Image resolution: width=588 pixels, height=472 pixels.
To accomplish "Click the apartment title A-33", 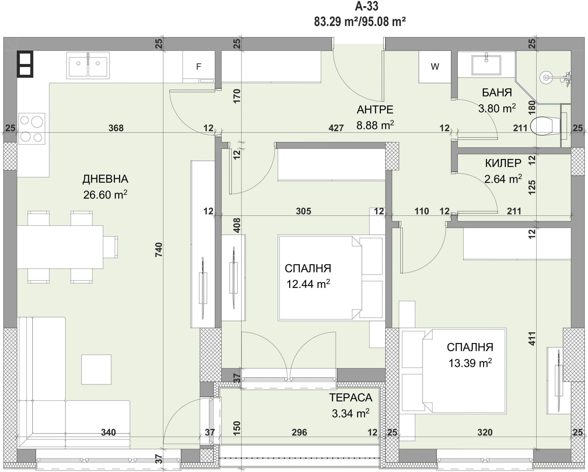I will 367,6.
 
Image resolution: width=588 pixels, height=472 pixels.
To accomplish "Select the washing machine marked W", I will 435,67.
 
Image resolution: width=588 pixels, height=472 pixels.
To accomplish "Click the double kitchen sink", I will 88,66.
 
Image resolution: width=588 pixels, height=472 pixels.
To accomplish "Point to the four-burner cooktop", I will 32,128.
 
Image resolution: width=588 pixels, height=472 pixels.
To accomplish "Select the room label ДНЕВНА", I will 105,179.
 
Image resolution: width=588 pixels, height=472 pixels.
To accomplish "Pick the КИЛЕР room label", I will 503,163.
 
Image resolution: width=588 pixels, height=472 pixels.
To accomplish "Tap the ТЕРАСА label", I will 351,398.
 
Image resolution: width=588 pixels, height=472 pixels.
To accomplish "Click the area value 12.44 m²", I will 308,284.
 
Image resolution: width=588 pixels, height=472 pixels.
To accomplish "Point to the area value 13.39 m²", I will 470,363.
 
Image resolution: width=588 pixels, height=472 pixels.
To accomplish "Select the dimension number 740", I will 159,249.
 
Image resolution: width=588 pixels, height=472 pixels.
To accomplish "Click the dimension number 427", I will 336,128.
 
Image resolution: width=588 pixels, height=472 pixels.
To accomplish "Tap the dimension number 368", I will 116,128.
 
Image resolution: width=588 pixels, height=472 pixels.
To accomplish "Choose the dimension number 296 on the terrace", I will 299,432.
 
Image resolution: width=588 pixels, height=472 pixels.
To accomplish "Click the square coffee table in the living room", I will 96,370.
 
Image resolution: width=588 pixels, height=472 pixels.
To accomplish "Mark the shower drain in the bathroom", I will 546,77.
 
